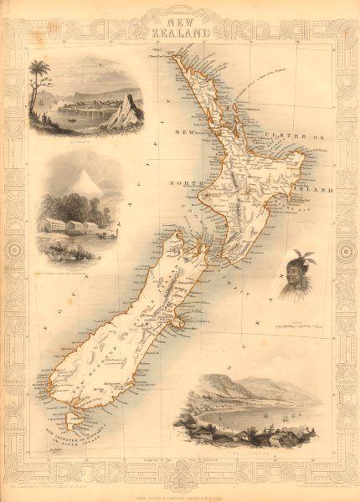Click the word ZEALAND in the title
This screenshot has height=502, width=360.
181,28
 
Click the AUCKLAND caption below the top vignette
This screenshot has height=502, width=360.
70,139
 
